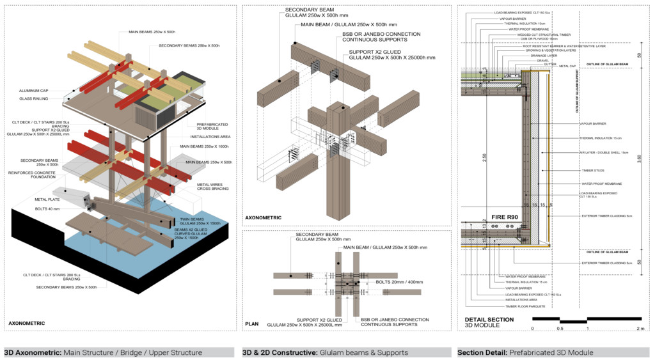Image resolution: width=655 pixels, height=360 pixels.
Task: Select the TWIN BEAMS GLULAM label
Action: point(197,221)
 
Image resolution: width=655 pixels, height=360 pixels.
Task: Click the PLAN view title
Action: point(251,325)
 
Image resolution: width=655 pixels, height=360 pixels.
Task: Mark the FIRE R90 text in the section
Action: point(504,217)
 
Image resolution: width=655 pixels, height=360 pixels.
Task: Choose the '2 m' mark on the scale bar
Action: point(640,328)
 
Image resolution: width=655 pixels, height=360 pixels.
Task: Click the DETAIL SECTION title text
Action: point(489,319)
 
